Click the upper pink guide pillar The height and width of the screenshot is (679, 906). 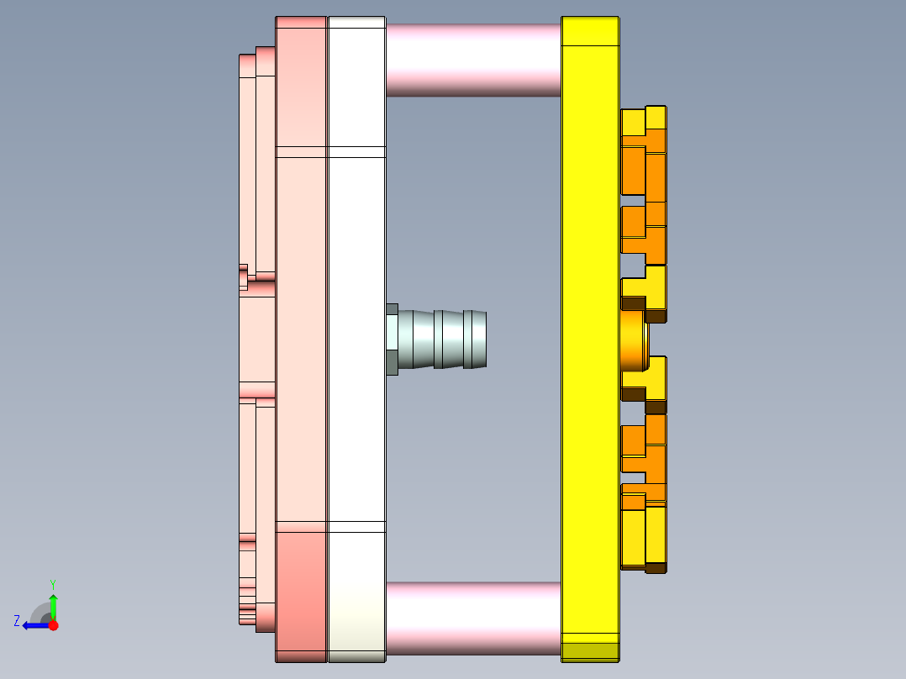[x=472, y=59]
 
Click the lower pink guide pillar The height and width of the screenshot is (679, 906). [x=472, y=618]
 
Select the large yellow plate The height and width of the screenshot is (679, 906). [x=589, y=336]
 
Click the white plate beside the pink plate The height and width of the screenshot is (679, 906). [x=356, y=336]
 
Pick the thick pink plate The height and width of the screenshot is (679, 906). [x=301, y=336]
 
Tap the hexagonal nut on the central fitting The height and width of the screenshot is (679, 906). [x=392, y=339]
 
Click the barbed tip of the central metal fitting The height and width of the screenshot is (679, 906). [x=475, y=339]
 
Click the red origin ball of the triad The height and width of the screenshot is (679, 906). [x=53, y=625]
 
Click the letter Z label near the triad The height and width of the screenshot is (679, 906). [x=17, y=621]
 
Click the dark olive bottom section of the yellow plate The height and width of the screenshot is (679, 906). [x=589, y=651]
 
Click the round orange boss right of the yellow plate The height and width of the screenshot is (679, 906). [x=631, y=340]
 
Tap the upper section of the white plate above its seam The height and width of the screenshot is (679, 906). [x=356, y=84]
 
